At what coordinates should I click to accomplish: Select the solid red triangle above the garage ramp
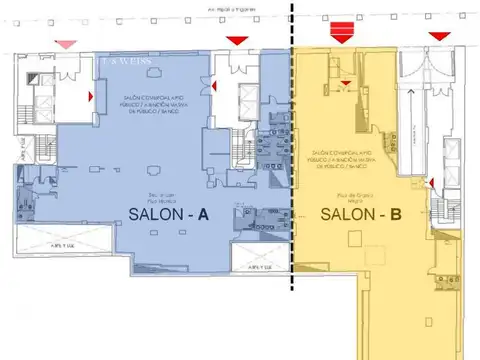(x=439, y=37)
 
